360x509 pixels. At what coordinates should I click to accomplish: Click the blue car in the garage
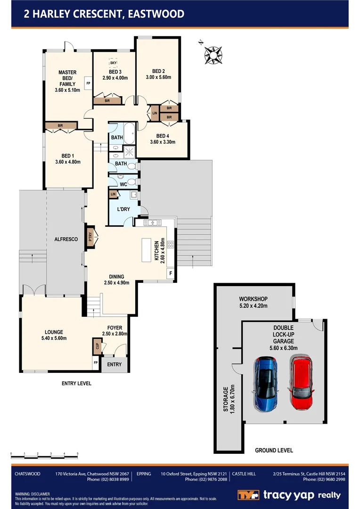pyautogui.click(x=265, y=383)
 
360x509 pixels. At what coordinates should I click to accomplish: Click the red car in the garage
pyautogui.click(x=301, y=383)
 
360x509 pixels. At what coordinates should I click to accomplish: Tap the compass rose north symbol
pyautogui.click(x=213, y=54)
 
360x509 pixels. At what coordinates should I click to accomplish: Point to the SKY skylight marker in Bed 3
pyautogui.click(x=113, y=63)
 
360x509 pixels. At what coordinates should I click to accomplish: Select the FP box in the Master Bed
pyautogui.click(x=88, y=83)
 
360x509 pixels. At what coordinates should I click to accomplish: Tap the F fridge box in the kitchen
pyautogui.click(x=171, y=273)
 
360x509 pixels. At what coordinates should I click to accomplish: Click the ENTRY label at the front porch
pyautogui.click(x=114, y=364)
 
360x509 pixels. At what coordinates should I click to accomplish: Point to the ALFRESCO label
pyautogui.click(x=66, y=239)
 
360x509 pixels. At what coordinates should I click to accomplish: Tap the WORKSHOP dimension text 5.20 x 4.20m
pyautogui.click(x=253, y=306)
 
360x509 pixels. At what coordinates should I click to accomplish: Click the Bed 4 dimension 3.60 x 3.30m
pyautogui.click(x=163, y=142)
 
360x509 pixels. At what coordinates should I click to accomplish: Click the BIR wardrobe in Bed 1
pyautogui.click(x=60, y=126)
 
